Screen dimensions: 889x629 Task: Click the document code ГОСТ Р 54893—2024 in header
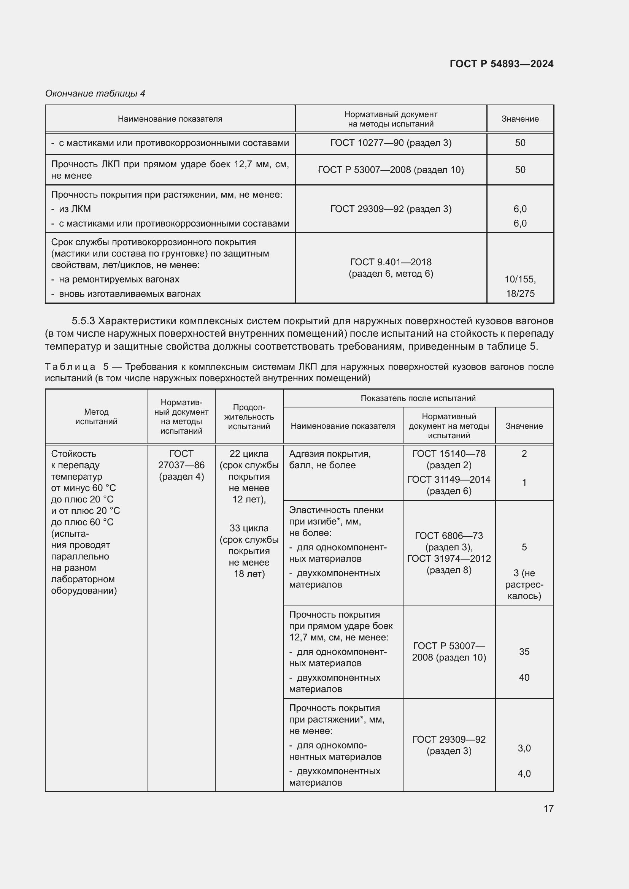pos(501,64)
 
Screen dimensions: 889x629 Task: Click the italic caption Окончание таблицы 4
pos(95,93)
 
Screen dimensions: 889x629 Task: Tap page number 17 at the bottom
pos(548,808)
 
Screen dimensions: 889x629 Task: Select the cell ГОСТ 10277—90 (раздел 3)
pos(391,143)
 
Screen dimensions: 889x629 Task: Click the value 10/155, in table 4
pos(520,279)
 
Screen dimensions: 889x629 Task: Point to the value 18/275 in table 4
pos(520,293)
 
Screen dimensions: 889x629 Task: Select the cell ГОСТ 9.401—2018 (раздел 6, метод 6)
pos(391,268)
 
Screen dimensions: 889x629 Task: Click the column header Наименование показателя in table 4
pos(170,119)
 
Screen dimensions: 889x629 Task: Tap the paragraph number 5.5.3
pos(83,321)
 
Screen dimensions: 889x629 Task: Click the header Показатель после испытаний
pos(418,398)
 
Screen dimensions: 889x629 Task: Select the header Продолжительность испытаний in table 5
pos(249,417)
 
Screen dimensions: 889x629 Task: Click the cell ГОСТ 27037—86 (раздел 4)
pos(181,464)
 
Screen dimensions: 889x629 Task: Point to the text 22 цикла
pos(249,453)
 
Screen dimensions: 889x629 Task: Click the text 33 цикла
pos(249,528)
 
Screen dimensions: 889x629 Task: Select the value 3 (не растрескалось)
pos(524,584)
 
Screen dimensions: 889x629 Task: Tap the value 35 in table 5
pos(524,652)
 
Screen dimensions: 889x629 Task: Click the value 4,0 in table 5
pos(524,773)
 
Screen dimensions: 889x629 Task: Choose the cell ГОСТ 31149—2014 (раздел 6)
pos(448,485)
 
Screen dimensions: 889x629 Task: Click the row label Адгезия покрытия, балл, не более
pos(330,459)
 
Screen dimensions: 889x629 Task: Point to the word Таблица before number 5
pos(70,367)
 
